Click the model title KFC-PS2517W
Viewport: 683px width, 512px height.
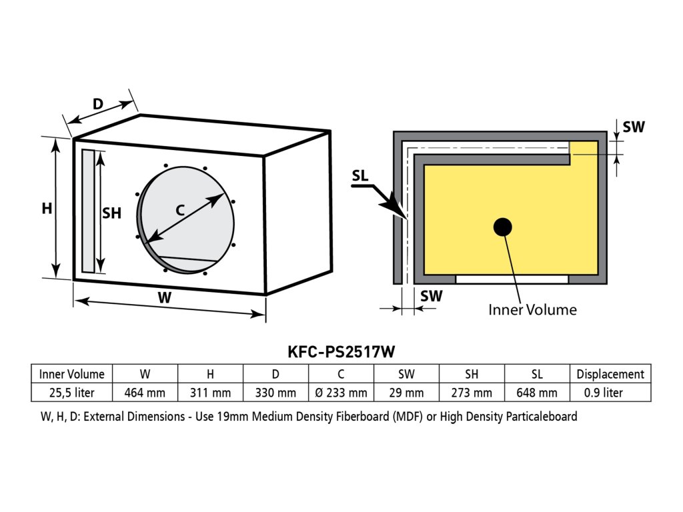pyautogui.click(x=341, y=351)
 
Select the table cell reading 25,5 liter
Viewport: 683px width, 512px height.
pyautogui.click(x=71, y=393)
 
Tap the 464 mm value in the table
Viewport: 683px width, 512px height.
pyautogui.click(x=145, y=393)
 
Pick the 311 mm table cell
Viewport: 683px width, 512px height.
pyautogui.click(x=210, y=393)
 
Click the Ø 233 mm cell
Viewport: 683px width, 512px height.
pyautogui.click(x=340, y=393)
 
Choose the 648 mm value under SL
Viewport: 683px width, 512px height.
pyautogui.click(x=537, y=393)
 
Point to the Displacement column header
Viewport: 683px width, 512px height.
pyautogui.click(x=610, y=374)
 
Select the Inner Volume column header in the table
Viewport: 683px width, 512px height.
pyautogui.click(x=71, y=374)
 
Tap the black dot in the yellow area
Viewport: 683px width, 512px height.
pyautogui.click(x=503, y=227)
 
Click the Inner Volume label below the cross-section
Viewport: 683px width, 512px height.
pyautogui.click(x=532, y=309)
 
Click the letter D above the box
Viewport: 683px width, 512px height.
pyautogui.click(x=97, y=104)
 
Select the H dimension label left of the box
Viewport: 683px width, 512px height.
pyautogui.click(x=47, y=209)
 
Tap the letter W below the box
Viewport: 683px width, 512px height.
pyautogui.click(x=164, y=298)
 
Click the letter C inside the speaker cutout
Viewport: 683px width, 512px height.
pyautogui.click(x=179, y=209)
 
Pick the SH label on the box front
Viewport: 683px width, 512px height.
pyautogui.click(x=111, y=213)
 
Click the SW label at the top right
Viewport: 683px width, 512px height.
pyautogui.click(x=633, y=127)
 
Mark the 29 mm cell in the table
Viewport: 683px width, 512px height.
pyautogui.click(x=406, y=393)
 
